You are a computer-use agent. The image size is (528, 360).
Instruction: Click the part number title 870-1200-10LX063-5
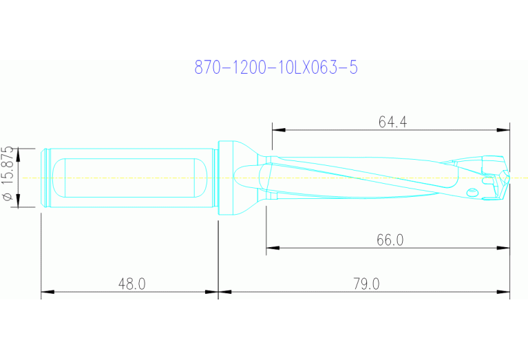(276, 67)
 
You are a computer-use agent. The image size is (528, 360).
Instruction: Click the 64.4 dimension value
(392, 122)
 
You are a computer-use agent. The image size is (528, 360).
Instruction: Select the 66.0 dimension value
(390, 240)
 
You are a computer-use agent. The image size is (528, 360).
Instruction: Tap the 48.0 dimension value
(131, 284)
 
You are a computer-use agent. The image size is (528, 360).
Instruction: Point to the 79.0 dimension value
(366, 284)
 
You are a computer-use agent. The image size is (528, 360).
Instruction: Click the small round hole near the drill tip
(472, 191)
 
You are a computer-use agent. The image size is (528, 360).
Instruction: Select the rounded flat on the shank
(131, 177)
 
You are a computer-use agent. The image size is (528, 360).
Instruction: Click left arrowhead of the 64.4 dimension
(276, 129)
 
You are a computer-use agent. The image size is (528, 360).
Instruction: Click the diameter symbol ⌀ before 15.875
(8, 198)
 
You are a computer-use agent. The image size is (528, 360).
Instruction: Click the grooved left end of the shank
(46, 178)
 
